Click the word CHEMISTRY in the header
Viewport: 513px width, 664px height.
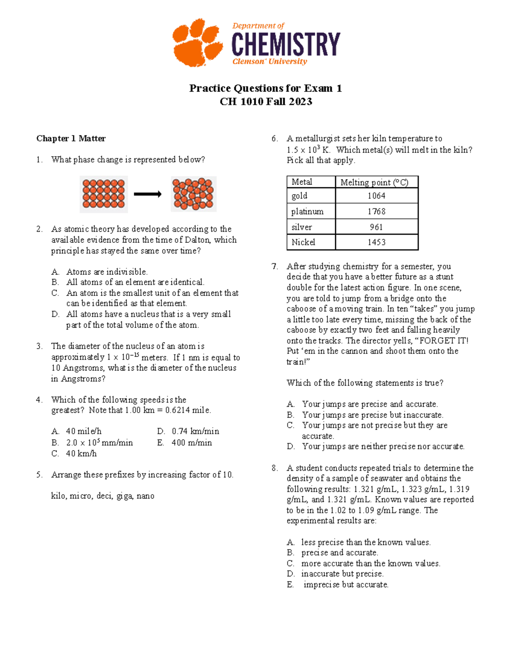coord(286,44)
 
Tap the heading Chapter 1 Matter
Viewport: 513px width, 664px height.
coord(71,139)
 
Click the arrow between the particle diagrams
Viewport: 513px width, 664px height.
coord(147,194)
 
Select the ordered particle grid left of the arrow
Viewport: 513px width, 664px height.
coord(103,194)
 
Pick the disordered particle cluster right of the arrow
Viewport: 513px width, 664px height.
coord(193,194)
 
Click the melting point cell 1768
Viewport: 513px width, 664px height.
coord(376,211)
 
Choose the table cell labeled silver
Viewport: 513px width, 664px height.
coord(302,227)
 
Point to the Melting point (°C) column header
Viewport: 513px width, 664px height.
coord(374,182)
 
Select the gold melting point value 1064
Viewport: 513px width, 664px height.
coord(376,196)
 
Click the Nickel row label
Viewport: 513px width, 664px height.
coord(303,242)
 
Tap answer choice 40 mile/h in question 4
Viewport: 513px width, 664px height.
coord(83,431)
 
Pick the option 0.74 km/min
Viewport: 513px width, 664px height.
coord(195,431)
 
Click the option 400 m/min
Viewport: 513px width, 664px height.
coord(192,443)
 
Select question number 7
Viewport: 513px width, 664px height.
coord(274,266)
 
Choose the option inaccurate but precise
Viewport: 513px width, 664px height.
coord(342,574)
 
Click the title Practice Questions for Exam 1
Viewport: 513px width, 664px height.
coord(265,89)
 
